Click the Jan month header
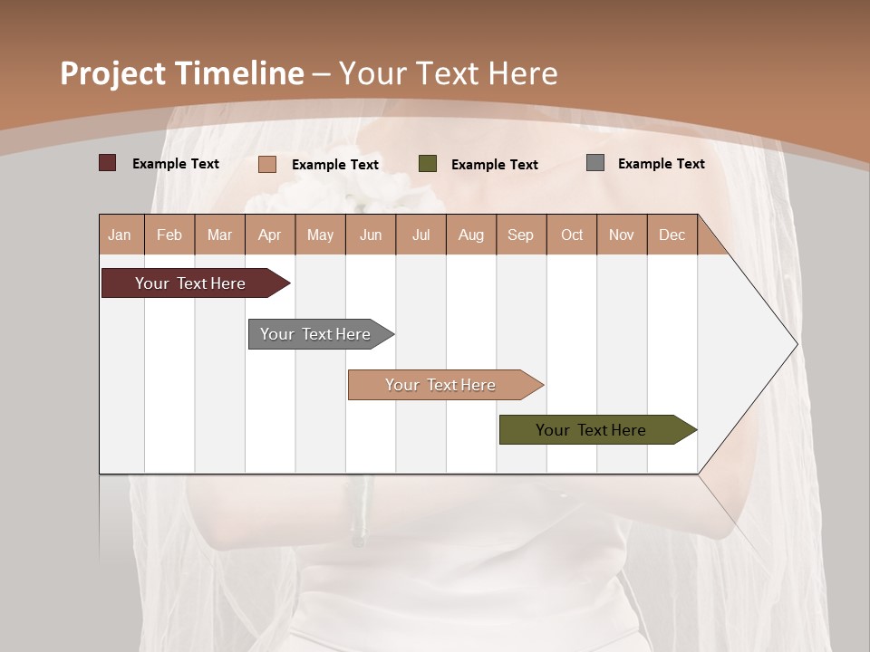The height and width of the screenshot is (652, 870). coord(121,235)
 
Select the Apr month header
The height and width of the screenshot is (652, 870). coord(270,235)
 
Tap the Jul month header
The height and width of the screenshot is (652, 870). coord(420,235)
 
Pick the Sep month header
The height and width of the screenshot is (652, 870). coord(520,235)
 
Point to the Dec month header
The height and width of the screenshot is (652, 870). coord(672,235)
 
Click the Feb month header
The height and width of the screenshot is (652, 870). coord(169,235)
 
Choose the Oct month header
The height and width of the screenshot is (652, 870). coord(572,235)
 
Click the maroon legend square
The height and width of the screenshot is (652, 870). coord(107,163)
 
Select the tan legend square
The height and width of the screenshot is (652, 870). coord(267,164)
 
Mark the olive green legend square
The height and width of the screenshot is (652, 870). coord(428,164)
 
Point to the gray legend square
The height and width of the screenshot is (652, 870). coord(595,163)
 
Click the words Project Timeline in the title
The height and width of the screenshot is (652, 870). coord(182,73)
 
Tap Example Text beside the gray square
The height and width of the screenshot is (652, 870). coord(661,164)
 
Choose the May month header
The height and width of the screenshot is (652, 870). coord(320,235)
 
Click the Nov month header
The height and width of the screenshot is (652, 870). coord(622,235)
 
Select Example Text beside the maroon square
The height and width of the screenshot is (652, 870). coord(176,164)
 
